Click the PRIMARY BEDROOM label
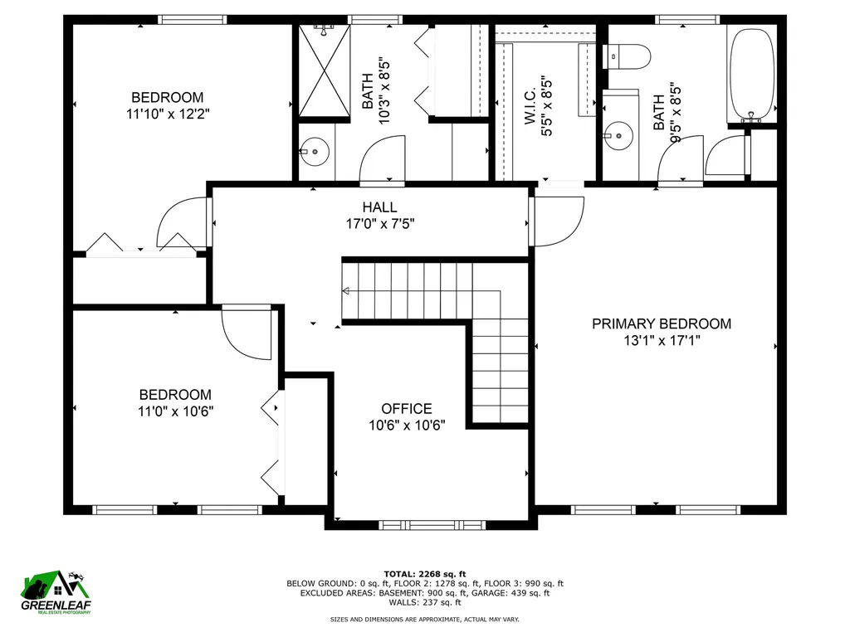tap(662, 323)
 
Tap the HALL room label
tap(379, 207)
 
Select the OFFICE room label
tap(407, 409)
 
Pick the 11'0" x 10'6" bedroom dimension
tap(175, 411)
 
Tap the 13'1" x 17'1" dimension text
tap(662, 340)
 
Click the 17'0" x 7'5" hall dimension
tap(379, 223)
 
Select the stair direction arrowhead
tap(345, 291)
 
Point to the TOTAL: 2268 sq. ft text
tap(424, 574)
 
